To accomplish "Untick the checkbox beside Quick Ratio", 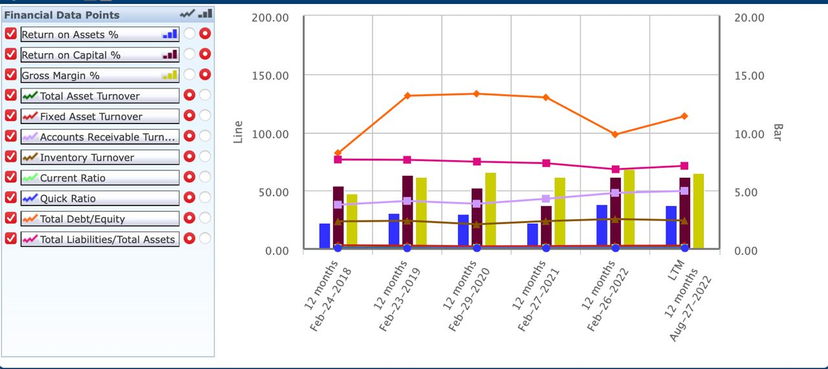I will (10, 197).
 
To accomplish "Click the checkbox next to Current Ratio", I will (10, 176).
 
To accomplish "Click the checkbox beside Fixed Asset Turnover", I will (10, 115).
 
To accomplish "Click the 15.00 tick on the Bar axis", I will (749, 76).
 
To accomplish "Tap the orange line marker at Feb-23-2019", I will (407, 96).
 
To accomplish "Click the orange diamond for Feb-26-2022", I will (615, 134).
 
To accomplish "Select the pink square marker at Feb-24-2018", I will (338, 159).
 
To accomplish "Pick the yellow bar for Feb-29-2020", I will (490, 209).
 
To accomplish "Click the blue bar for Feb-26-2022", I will (602, 226).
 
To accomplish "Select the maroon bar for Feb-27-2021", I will (546, 226).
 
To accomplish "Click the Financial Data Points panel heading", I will (62, 14).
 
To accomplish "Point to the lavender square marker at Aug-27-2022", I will (684, 191).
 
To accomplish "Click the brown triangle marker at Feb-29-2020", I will (477, 224).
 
